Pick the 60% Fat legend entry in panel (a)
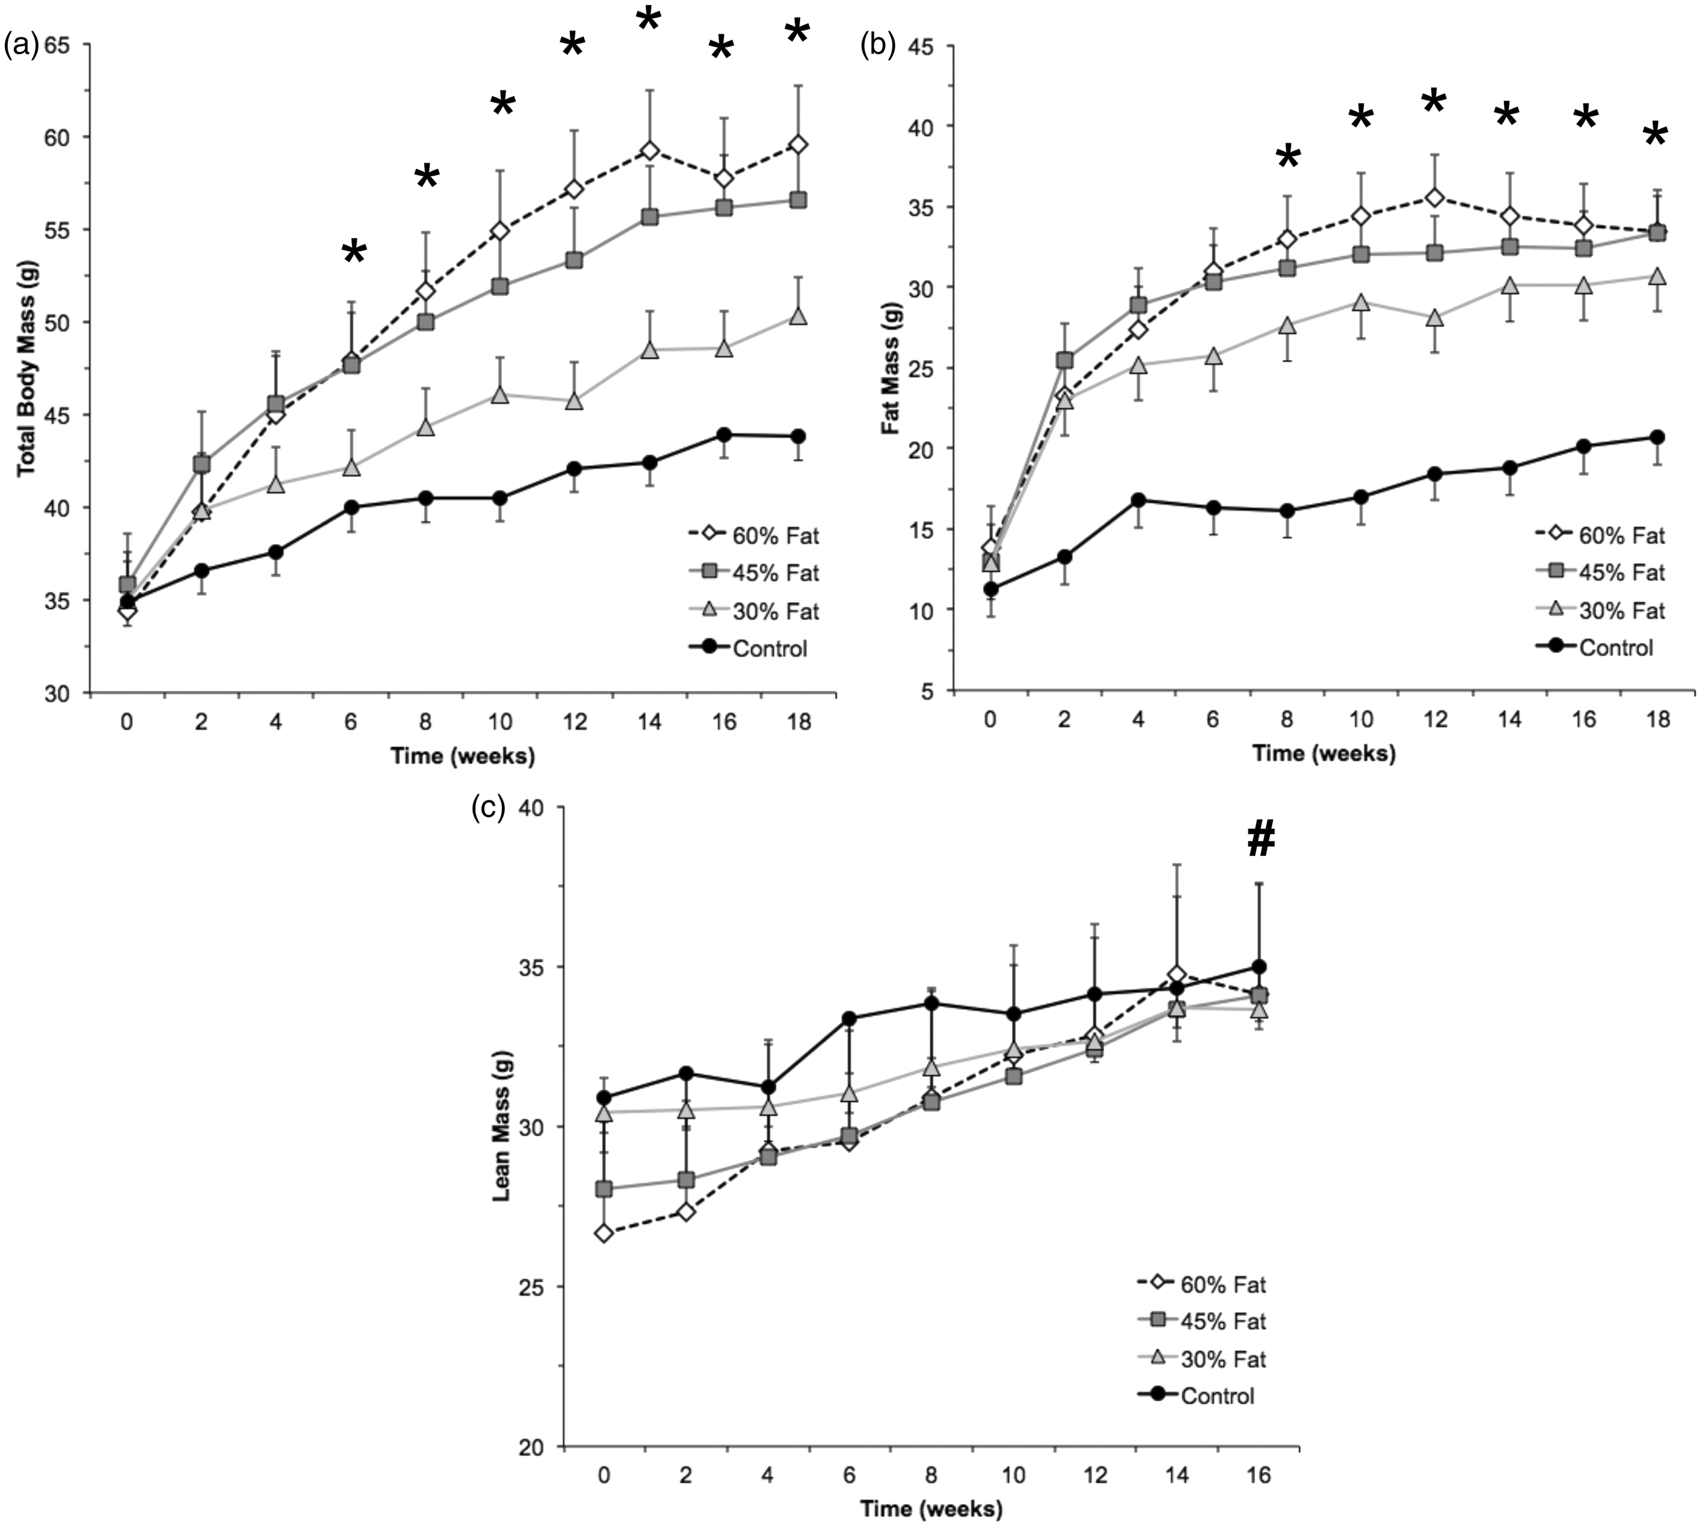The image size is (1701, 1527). (753, 535)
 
